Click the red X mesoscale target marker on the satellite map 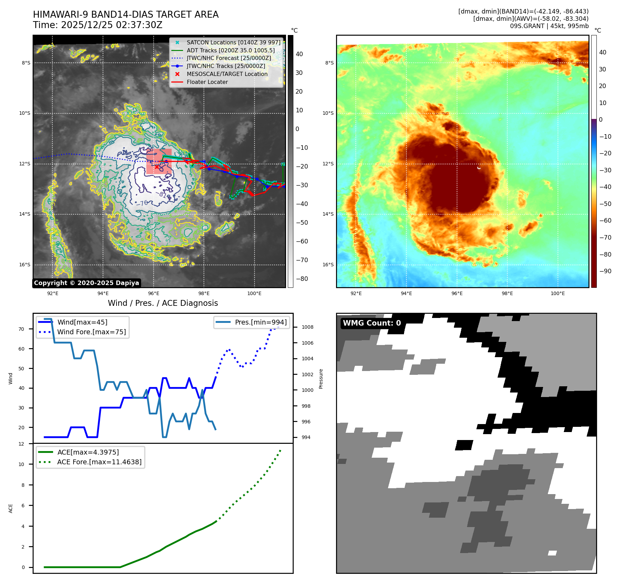[157, 167]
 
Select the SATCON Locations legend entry [233, 42]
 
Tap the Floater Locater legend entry [207, 82]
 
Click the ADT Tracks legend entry [231, 50]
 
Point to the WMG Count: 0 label [372, 323]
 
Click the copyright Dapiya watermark [86, 283]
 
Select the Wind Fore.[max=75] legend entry [92, 332]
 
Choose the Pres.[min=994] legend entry [261, 322]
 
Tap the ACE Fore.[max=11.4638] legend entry [99, 462]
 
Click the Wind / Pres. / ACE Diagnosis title [163, 303]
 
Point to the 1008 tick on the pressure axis [307, 327]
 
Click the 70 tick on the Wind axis [21, 329]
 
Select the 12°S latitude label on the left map [25, 164]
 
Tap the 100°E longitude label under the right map [558, 293]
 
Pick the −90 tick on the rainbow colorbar [605, 271]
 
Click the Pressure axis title [321, 379]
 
